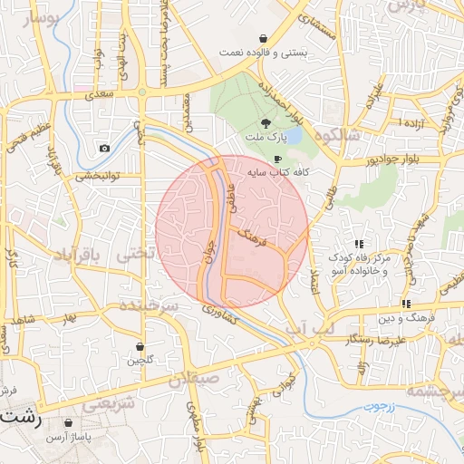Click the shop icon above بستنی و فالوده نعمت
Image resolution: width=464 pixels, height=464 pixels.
coord(263,39)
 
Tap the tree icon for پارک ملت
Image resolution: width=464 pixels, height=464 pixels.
coord(266,122)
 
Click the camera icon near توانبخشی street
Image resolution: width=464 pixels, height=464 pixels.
coord(105,148)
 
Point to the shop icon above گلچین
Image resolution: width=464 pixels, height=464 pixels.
coord(140,346)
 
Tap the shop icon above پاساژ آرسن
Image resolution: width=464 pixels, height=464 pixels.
coord(69,423)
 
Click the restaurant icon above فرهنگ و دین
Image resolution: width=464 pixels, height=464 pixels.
coord(407,304)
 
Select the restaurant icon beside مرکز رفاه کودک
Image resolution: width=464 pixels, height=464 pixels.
coord(360,244)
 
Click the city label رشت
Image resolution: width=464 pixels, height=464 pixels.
coord(20,419)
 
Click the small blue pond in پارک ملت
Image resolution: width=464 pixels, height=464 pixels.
coord(293,135)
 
